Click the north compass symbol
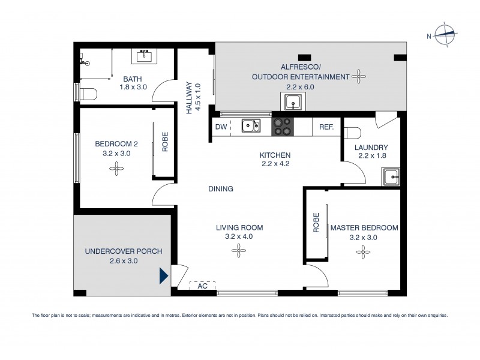tap(444, 35)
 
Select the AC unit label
tap(202, 286)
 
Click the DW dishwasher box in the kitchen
tap(220, 127)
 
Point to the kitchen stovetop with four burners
tap(283, 127)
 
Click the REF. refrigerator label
tap(326, 127)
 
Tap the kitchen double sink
tap(251, 125)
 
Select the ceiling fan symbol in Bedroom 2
tap(115, 169)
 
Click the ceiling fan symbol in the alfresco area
tap(359, 76)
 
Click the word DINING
tap(221, 188)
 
